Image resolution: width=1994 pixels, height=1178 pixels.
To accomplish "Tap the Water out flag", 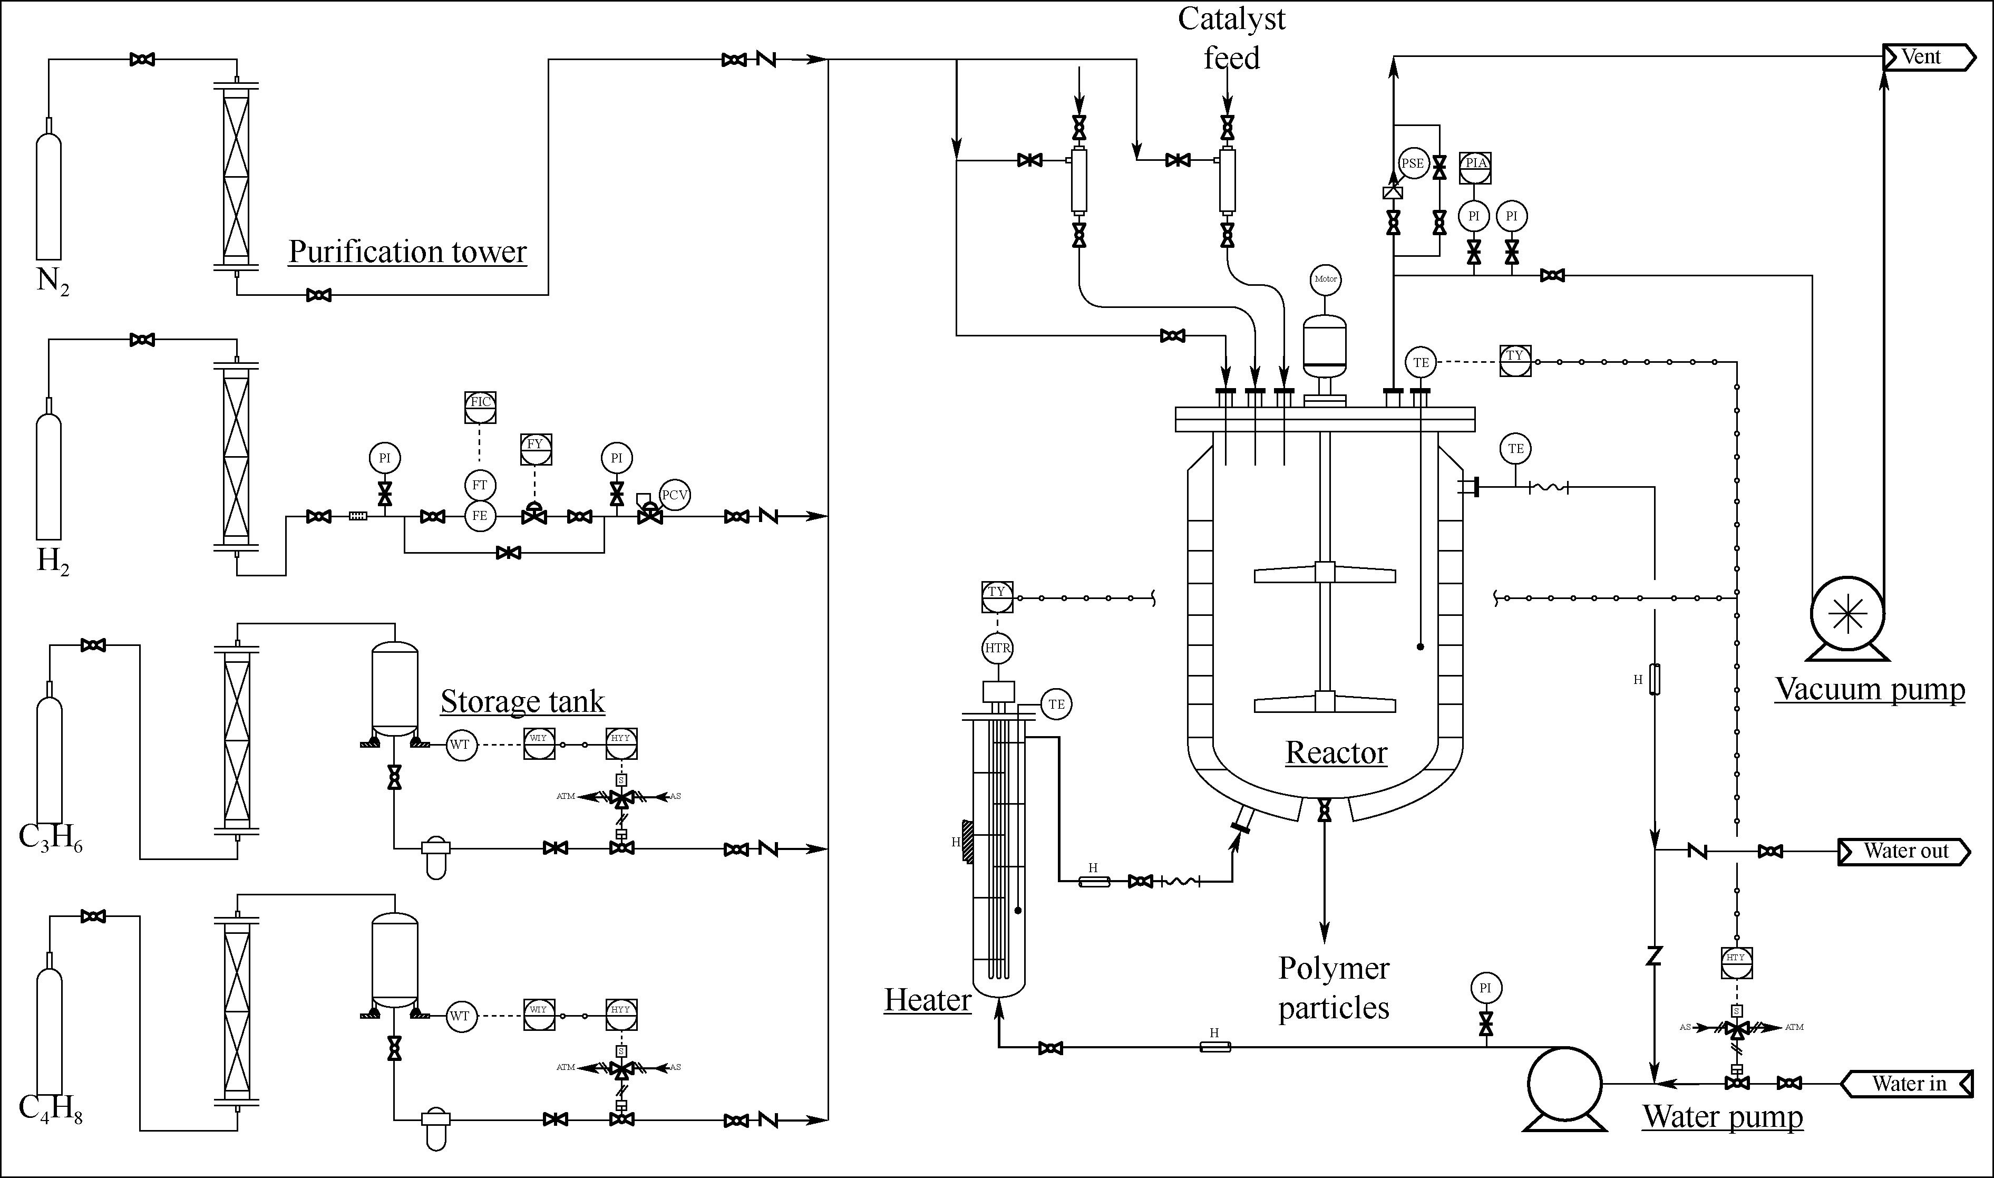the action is coord(1904,851).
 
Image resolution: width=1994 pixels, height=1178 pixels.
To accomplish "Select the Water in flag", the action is coord(1907,1084).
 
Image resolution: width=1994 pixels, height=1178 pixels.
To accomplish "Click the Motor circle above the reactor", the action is coord(1325,278).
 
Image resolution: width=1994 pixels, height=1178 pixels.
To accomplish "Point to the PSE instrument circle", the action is coord(1413,163).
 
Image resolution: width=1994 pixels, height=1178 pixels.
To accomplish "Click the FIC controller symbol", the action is coord(480,407).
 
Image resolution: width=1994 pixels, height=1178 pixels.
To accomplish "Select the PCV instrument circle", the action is coord(675,495).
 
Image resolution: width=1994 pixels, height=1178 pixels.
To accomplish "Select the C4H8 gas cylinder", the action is coord(49,1024).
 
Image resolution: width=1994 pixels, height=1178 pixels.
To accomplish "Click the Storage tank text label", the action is coord(522,702).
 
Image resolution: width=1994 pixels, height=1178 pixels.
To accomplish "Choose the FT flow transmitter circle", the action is coord(479,485).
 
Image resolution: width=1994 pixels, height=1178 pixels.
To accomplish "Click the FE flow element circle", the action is coord(479,516).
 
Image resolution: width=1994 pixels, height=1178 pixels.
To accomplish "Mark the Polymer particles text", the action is coord(1334,988).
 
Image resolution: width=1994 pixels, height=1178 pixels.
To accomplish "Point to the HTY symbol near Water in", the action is coord(1736,963).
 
